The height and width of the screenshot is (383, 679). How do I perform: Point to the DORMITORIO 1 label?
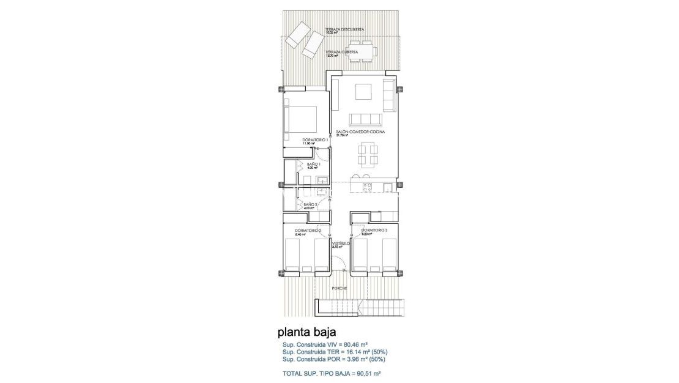[x=316, y=140]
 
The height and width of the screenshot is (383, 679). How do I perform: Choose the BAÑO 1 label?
[x=313, y=165]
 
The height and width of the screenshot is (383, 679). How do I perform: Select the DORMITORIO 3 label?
[x=374, y=230]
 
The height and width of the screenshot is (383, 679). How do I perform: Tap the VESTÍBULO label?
[x=340, y=244]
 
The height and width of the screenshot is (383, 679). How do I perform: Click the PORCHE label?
[x=339, y=288]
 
